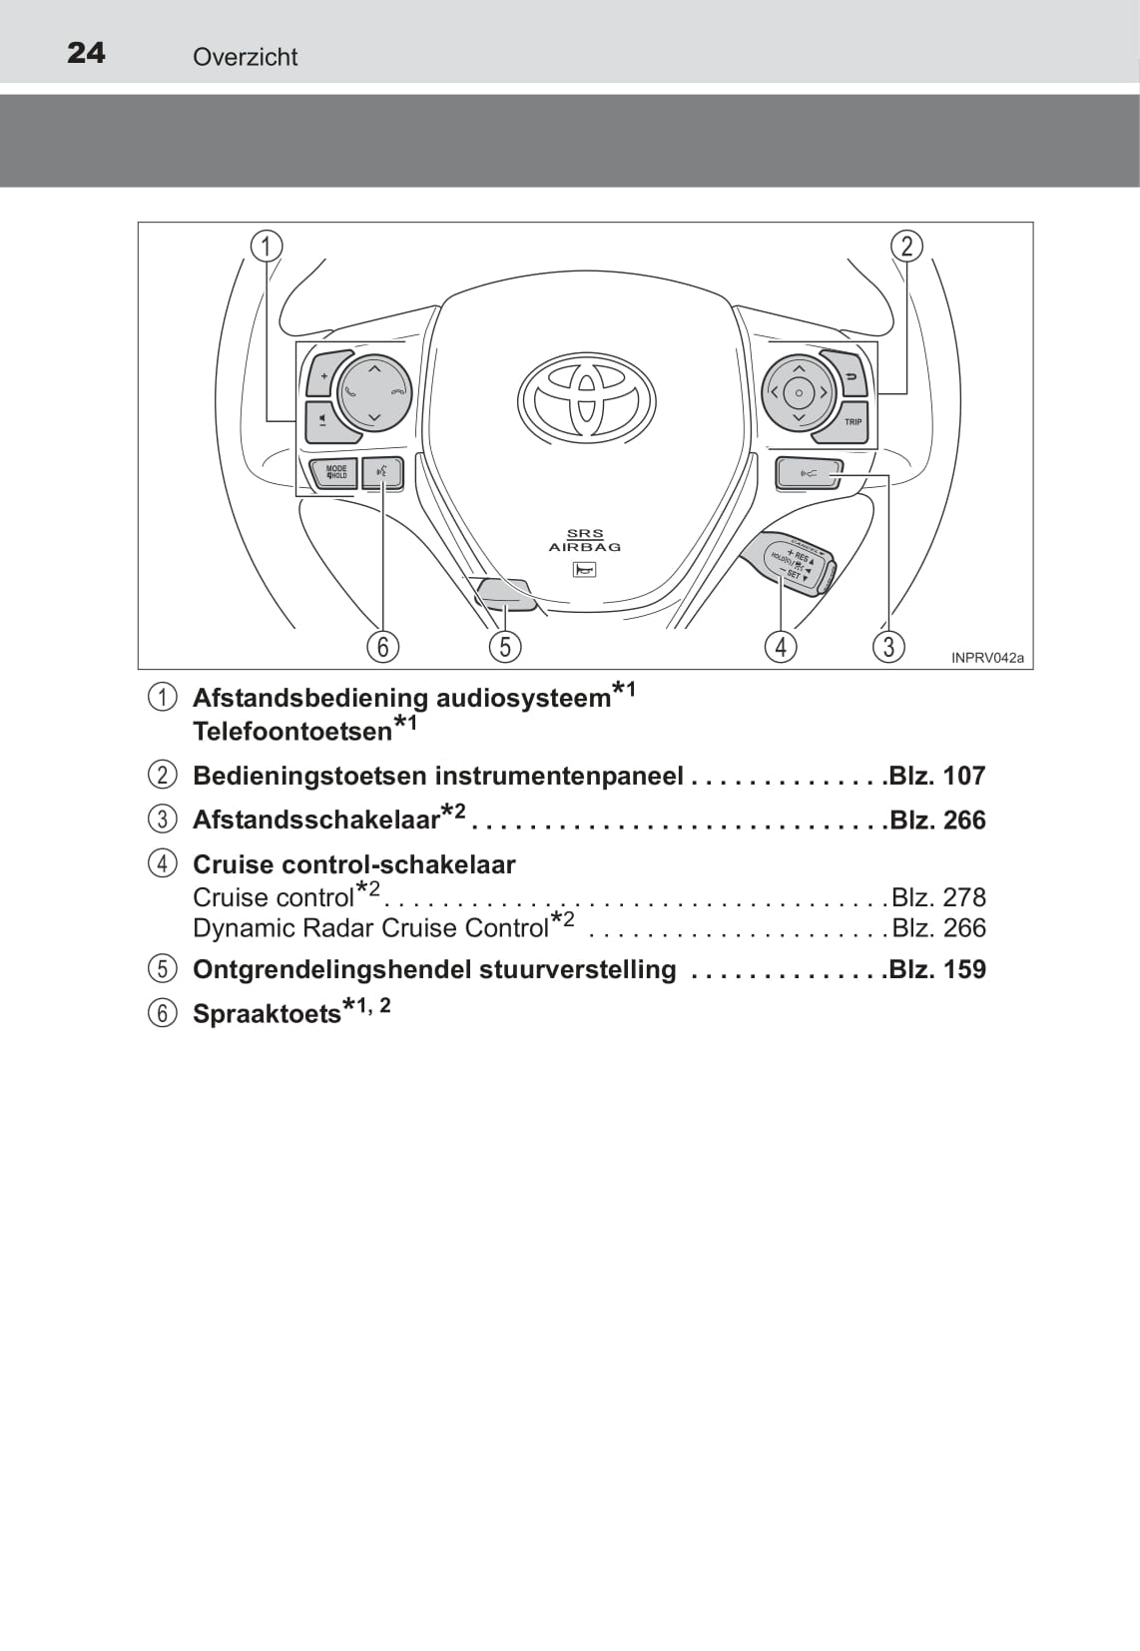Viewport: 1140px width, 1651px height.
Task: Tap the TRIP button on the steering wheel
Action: pos(845,422)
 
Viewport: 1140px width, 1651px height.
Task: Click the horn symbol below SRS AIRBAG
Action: pos(584,569)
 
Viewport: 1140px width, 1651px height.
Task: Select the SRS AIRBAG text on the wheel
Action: pos(585,540)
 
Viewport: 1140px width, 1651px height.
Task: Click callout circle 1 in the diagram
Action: pos(266,247)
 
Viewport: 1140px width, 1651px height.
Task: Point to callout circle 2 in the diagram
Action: pos(906,247)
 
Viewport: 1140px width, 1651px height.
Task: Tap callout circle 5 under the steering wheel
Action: pos(505,647)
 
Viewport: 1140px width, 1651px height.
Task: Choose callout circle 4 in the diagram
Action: pos(781,647)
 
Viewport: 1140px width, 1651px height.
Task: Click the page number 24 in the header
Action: pos(86,53)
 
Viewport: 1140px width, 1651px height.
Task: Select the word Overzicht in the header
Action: pos(246,57)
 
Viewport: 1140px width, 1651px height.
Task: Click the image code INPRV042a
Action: pos(987,658)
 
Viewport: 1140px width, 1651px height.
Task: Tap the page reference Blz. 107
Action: pos(937,776)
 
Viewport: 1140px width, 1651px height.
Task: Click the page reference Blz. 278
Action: pos(938,897)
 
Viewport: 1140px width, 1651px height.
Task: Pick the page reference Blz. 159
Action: pos(937,969)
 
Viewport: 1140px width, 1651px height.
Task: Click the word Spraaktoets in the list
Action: pos(267,1014)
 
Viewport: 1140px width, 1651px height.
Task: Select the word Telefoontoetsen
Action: pos(292,731)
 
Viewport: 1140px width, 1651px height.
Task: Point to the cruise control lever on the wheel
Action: pos(789,564)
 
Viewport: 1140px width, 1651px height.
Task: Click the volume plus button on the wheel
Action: pos(322,375)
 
